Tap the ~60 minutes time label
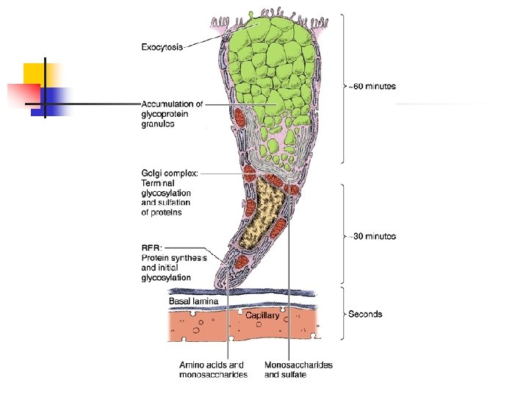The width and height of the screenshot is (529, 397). pos(372,86)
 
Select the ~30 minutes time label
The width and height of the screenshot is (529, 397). pos(372,236)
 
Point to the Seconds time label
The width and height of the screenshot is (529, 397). pos(365,314)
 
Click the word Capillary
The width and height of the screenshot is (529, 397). pos(262,315)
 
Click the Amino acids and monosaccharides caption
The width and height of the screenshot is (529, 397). pos(213,369)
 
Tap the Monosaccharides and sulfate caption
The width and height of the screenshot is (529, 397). pos(298,369)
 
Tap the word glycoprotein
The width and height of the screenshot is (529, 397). pos(163,114)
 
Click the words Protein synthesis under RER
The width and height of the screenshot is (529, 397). pos(173,257)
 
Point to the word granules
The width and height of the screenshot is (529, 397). pos(157,124)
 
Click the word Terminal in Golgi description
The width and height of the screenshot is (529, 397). pos(159,183)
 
